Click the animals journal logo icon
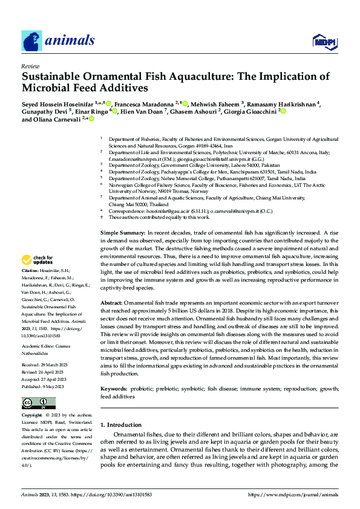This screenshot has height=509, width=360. pyautogui.click(x=31, y=41)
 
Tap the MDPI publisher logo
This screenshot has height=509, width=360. pyautogui.click(x=324, y=41)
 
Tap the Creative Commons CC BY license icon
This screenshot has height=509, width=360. pyautogui.click(x=39, y=403)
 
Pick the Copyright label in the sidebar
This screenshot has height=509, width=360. pyautogui.click(x=33, y=417)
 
